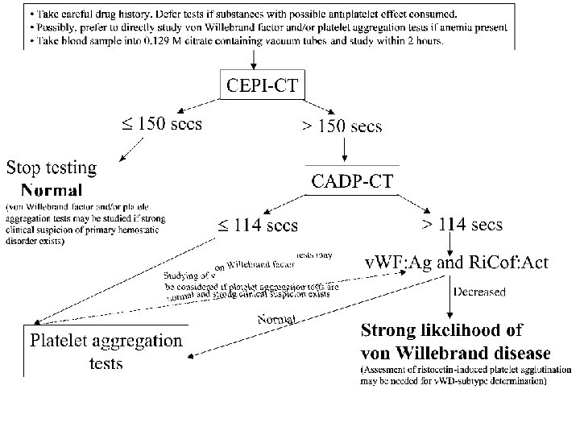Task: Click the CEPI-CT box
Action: (x=263, y=85)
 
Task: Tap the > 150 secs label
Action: (x=342, y=126)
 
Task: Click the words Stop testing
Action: (x=52, y=168)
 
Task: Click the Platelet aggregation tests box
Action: (x=106, y=351)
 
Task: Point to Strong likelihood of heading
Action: (x=441, y=329)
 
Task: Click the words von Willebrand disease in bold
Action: (x=456, y=353)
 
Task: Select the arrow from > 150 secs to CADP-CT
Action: (x=345, y=150)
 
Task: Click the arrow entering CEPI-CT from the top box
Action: (x=255, y=59)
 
